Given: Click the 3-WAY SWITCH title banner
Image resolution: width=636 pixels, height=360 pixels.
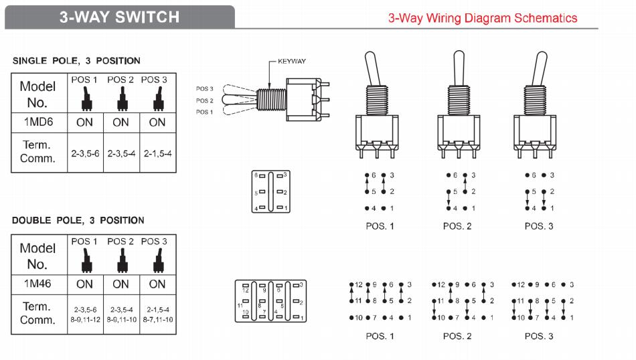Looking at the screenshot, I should [x=119, y=17].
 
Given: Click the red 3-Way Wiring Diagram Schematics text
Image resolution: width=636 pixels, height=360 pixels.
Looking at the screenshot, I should [x=483, y=18].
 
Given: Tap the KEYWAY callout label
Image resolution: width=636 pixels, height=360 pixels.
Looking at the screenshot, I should [x=291, y=62].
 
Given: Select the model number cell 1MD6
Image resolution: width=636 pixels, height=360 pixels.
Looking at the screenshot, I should [x=38, y=122].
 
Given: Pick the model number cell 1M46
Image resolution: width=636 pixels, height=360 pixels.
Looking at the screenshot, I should [x=38, y=284].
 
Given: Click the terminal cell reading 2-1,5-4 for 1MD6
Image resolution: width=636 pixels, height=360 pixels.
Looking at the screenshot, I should [x=157, y=153].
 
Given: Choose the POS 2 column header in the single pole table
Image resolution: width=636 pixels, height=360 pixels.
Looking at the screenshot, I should [x=121, y=80].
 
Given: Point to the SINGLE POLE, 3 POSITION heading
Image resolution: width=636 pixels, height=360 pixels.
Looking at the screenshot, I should [x=77, y=61].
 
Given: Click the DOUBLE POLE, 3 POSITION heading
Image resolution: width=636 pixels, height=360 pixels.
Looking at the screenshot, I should [x=78, y=220].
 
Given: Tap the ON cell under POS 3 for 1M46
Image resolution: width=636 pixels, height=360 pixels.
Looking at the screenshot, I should [x=157, y=284].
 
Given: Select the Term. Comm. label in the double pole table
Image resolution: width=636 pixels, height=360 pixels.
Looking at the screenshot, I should [x=38, y=313].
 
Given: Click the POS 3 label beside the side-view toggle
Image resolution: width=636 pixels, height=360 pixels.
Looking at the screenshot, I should [x=204, y=88].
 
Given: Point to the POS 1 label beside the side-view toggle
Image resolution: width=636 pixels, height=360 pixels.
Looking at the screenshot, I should [x=204, y=112].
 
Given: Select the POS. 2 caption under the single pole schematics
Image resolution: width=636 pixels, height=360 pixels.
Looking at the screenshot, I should [x=457, y=226].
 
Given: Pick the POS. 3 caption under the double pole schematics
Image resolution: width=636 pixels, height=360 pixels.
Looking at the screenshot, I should [x=539, y=336].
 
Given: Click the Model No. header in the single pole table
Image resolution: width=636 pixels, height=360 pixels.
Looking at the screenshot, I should [x=38, y=94].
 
